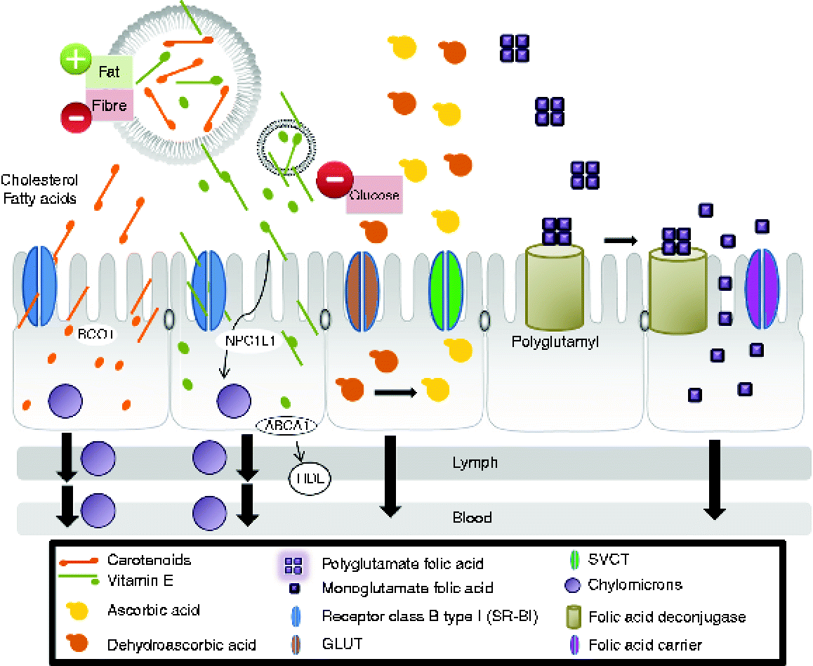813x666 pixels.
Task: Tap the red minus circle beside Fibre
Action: point(77,116)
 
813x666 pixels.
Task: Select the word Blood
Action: point(472,518)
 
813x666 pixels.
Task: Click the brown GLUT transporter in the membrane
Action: point(362,290)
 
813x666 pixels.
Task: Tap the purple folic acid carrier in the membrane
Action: point(762,290)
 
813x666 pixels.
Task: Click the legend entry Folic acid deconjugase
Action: point(667,618)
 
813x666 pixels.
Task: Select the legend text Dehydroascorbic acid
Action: point(182,644)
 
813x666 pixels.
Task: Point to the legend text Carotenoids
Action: point(149,560)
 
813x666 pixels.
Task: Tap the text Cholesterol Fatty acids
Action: point(39,189)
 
